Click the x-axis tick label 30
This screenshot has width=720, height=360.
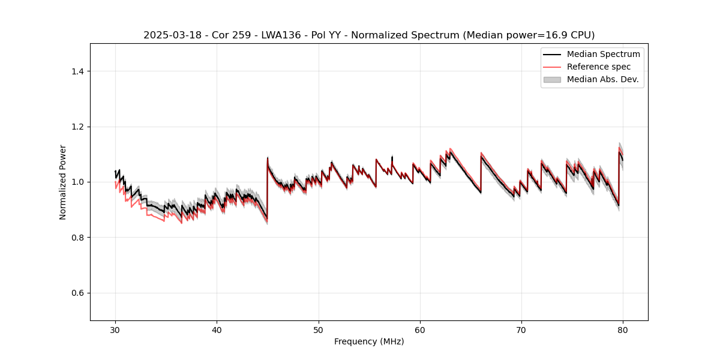tap(115, 329)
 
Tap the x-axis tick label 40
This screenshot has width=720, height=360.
tap(217, 329)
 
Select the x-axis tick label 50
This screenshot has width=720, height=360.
tap(319, 329)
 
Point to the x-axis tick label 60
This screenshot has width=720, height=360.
tap(420, 329)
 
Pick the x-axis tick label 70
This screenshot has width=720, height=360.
tap(521, 329)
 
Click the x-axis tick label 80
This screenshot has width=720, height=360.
tap(623, 329)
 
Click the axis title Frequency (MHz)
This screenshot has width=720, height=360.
tap(369, 341)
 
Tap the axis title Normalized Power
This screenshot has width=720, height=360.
tap(63, 182)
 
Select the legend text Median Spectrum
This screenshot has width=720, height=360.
tap(603, 54)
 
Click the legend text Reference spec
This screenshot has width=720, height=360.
tap(599, 67)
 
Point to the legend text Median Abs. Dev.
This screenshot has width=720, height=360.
tap(602, 79)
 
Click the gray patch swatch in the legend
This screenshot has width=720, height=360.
tap(552, 79)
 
